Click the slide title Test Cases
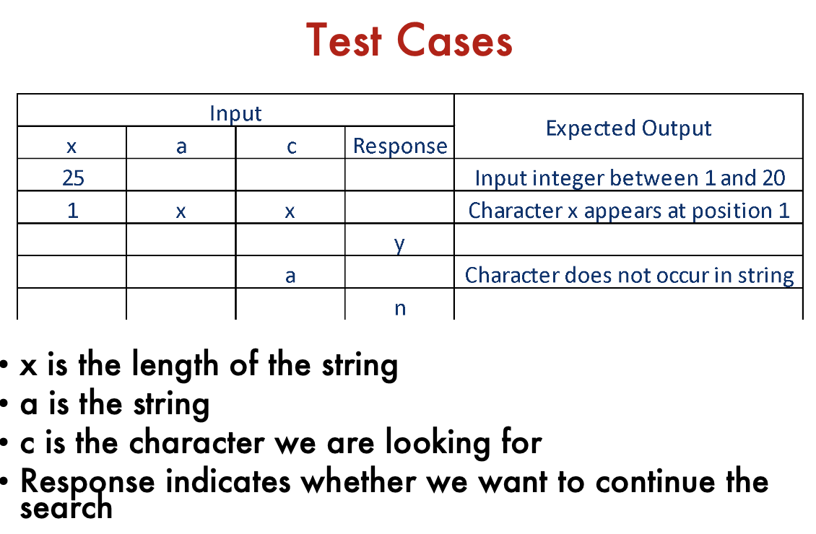[409, 40]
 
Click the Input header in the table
[235, 113]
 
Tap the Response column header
[399, 146]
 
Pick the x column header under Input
[71, 147]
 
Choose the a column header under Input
[181, 147]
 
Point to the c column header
[291, 147]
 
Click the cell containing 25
[73, 178]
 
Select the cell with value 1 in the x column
[72, 211]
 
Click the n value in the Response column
[399, 308]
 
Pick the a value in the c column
[290, 276]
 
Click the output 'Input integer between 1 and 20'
[630, 178]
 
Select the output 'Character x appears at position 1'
[629, 211]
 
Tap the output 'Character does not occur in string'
[629, 276]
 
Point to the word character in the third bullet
[197, 443]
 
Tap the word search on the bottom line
[66, 508]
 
